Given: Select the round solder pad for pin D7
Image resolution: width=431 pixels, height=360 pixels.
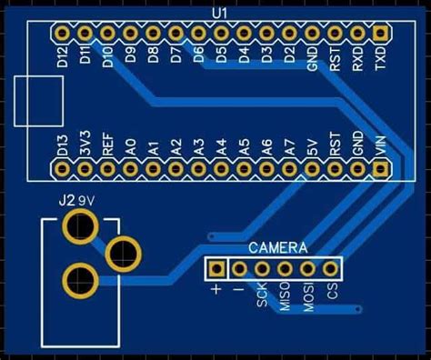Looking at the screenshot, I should pyautogui.click(x=176, y=34).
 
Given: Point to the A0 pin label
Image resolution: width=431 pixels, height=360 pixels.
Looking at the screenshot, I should pyautogui.click(x=131, y=145).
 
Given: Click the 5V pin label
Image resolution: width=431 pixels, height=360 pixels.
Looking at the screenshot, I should pyautogui.click(x=313, y=146).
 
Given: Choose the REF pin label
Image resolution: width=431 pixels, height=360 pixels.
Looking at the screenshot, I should pyautogui.click(x=108, y=145).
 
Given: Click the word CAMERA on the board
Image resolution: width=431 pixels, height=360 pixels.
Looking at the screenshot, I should pyautogui.click(x=278, y=248).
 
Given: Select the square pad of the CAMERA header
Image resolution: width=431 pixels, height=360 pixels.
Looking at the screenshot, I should pyautogui.click(x=217, y=269).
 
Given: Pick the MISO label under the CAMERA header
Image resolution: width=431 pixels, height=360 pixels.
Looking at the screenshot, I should pyautogui.click(x=286, y=299).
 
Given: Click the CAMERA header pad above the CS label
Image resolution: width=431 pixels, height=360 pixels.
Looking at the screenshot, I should pyautogui.click(x=330, y=269).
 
